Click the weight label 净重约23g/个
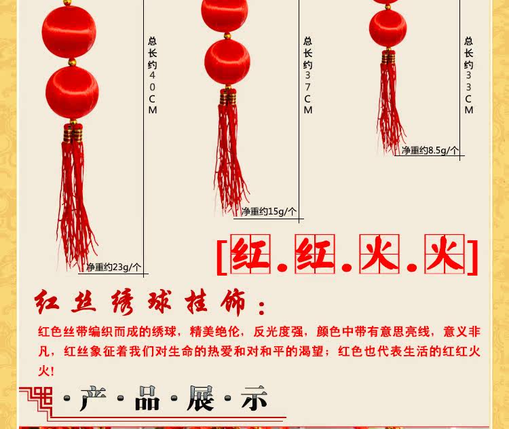(114, 267)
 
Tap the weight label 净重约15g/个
(269, 212)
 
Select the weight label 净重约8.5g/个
(430, 150)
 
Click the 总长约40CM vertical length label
(153, 75)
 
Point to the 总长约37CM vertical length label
(307, 75)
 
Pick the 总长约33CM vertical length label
(468, 75)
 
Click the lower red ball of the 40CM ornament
(72, 92)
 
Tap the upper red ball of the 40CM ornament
(69, 31)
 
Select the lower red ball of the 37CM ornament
(227, 62)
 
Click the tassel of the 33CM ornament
(390, 104)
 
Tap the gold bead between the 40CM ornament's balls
(72, 62)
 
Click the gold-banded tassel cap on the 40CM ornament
(73, 132)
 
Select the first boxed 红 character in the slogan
(250, 255)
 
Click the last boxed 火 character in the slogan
(445, 255)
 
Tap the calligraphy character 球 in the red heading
(159, 301)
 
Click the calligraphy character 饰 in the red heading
(233, 302)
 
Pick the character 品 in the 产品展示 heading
(147, 398)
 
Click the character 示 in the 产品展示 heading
(254, 398)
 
